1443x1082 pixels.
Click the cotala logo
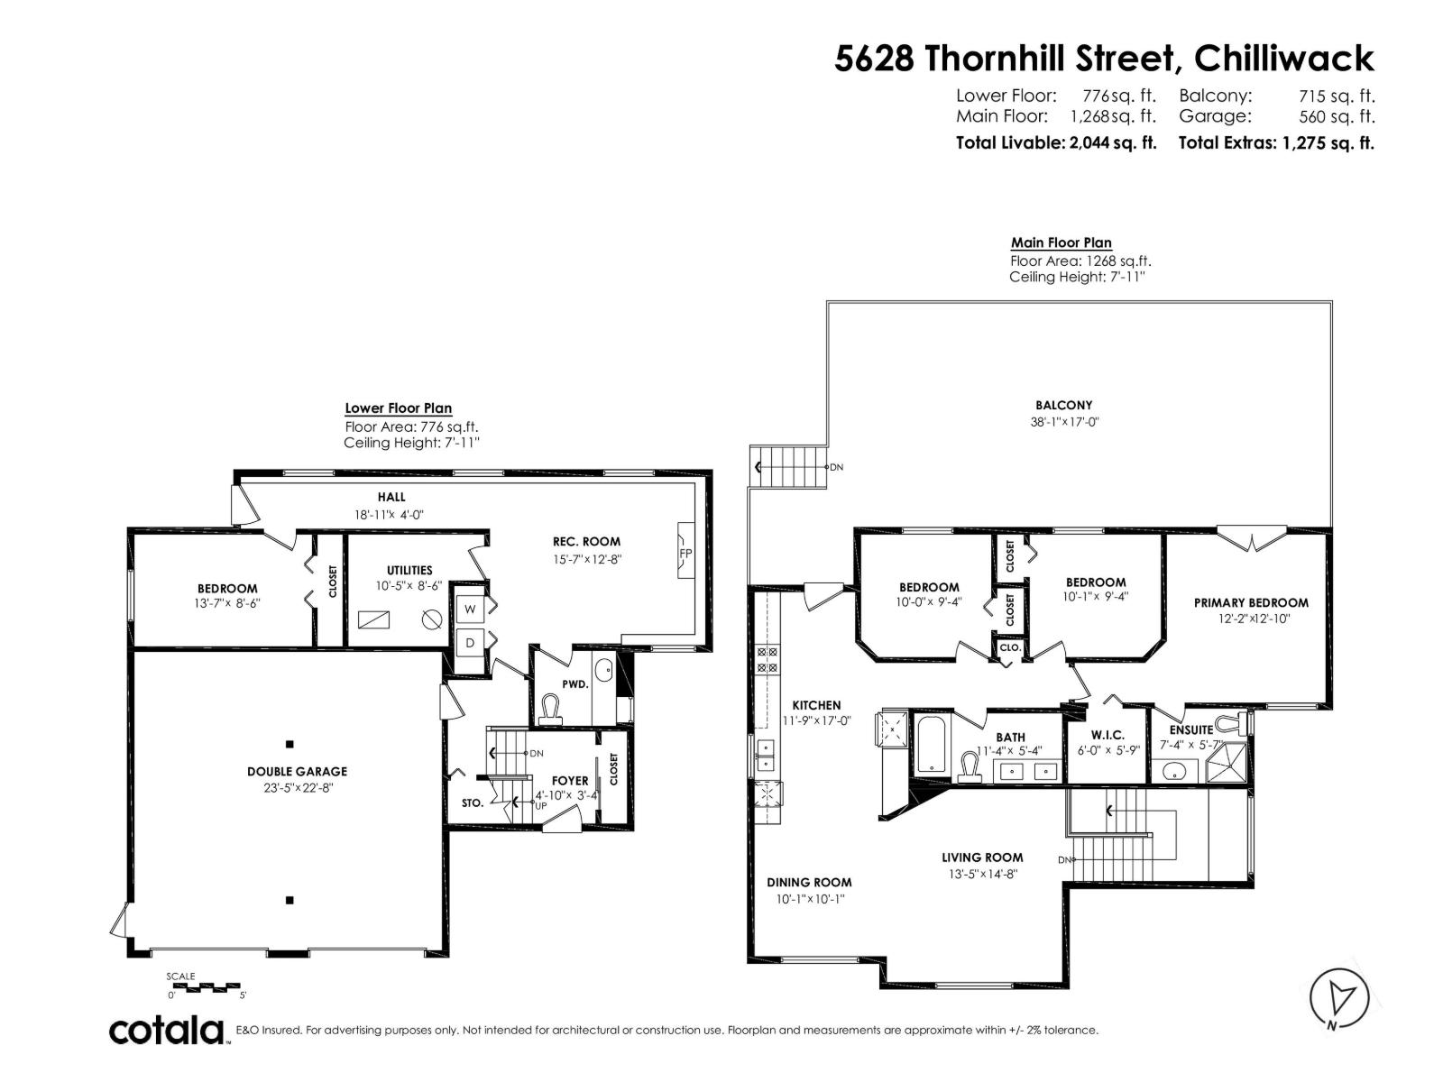coord(168,1030)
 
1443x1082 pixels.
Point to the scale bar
coord(207,986)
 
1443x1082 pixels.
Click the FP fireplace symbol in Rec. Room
coord(685,554)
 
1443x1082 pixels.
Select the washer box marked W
coord(470,609)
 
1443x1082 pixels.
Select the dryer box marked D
coord(470,643)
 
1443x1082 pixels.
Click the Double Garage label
coord(297,771)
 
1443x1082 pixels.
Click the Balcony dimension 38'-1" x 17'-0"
coord(1063,421)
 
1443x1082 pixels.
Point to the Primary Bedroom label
coord(1250,602)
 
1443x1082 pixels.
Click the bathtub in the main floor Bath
coord(930,745)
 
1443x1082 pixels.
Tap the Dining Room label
coord(809,882)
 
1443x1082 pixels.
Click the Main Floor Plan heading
coord(1061,243)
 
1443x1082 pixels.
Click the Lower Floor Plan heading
coord(398,408)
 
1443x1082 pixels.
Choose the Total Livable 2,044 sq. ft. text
coord(1055,142)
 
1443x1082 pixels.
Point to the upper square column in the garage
coord(290,744)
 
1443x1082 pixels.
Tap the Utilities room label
coord(409,570)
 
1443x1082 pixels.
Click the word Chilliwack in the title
coord(1283,59)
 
